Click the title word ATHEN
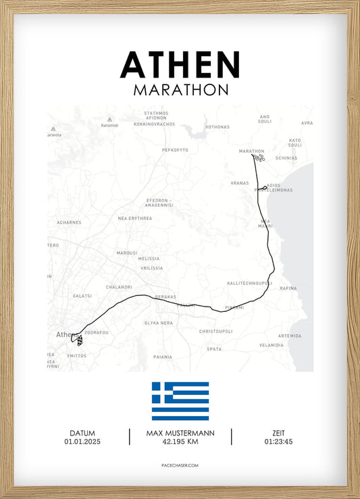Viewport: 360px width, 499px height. click(x=180, y=65)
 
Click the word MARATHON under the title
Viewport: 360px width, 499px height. click(x=180, y=90)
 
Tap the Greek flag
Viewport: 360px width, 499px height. click(x=180, y=401)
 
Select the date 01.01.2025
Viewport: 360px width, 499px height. click(x=82, y=442)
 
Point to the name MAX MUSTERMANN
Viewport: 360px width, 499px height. click(x=180, y=433)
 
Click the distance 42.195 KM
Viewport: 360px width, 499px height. click(x=180, y=442)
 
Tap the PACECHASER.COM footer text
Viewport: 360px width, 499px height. click(x=180, y=466)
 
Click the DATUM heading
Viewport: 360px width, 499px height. click(x=82, y=433)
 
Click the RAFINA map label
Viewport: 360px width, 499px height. click(x=288, y=288)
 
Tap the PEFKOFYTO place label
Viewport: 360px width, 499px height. click(x=175, y=150)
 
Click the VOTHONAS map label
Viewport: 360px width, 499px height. click(x=217, y=127)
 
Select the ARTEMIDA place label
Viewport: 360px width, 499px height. click(x=290, y=336)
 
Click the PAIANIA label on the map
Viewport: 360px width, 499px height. click(x=163, y=357)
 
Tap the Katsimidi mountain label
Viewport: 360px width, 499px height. click(x=109, y=126)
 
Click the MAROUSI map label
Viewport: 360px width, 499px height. click(x=126, y=253)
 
